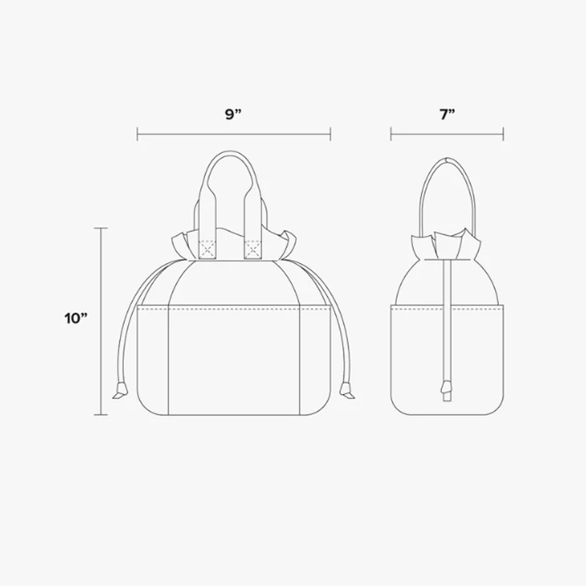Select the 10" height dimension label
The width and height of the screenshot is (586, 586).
click(75, 319)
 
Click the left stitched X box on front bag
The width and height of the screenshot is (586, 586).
click(208, 250)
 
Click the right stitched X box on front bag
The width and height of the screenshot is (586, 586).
click(253, 250)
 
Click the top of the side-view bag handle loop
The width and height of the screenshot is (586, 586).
click(448, 158)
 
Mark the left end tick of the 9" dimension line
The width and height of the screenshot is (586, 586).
click(138, 134)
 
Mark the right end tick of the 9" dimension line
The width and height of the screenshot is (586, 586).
click(331, 134)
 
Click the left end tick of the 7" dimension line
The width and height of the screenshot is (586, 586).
click(391, 134)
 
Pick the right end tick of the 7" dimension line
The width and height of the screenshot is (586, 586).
click(504, 134)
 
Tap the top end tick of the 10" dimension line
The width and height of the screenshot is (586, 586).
click(102, 229)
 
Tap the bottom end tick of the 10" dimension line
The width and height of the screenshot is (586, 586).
click(102, 415)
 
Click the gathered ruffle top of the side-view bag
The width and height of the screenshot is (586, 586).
click(447, 245)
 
